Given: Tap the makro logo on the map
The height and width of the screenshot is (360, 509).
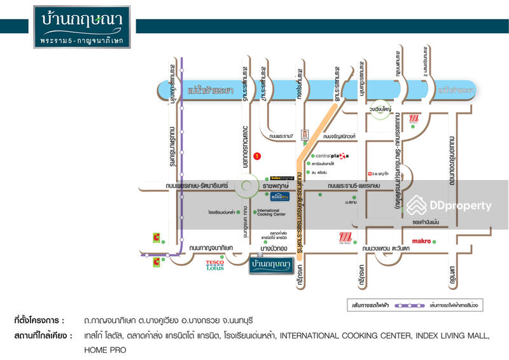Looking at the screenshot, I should pyautogui.click(x=421, y=241).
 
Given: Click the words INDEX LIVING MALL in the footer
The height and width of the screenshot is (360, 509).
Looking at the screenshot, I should pyautogui.click(x=452, y=335).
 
